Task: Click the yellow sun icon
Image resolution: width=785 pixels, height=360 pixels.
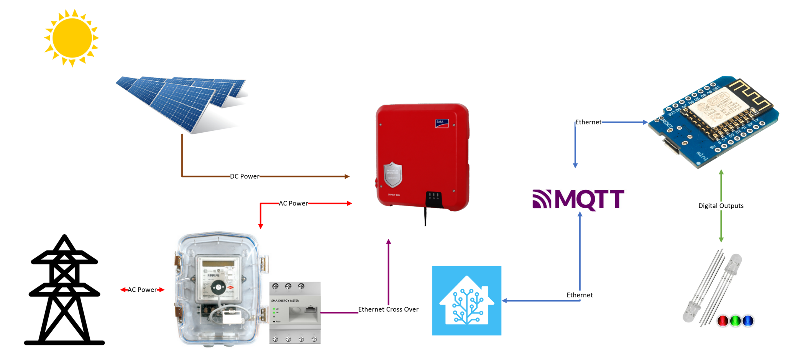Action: [72, 38]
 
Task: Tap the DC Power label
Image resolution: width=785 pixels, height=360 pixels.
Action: [245, 176]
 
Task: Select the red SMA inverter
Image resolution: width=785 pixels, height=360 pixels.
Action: [422, 157]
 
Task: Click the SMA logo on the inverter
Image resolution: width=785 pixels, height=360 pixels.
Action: [442, 123]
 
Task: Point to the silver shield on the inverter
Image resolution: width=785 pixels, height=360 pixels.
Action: [393, 174]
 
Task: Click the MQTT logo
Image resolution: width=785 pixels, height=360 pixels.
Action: [578, 199]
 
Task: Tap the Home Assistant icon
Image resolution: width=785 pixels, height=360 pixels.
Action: [466, 301]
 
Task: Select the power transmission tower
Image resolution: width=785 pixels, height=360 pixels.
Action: [64, 291]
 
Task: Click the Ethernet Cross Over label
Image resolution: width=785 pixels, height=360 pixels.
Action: [388, 309]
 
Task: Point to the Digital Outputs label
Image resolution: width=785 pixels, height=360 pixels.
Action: [721, 206]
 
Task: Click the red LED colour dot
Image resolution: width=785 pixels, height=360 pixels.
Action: [723, 321]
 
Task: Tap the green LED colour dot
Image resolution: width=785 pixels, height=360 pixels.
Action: [735, 321]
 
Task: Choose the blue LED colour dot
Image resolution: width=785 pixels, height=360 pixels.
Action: [748, 321]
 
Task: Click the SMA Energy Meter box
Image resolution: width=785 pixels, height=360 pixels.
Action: [295, 312]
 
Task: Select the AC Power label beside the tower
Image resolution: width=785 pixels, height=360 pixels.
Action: [142, 290]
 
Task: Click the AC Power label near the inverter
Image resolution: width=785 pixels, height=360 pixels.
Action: [293, 204]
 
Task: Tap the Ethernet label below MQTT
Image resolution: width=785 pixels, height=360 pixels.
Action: [580, 295]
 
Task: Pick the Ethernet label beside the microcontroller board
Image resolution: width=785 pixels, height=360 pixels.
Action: [588, 122]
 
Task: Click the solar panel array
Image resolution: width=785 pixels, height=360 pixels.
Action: [182, 102]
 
